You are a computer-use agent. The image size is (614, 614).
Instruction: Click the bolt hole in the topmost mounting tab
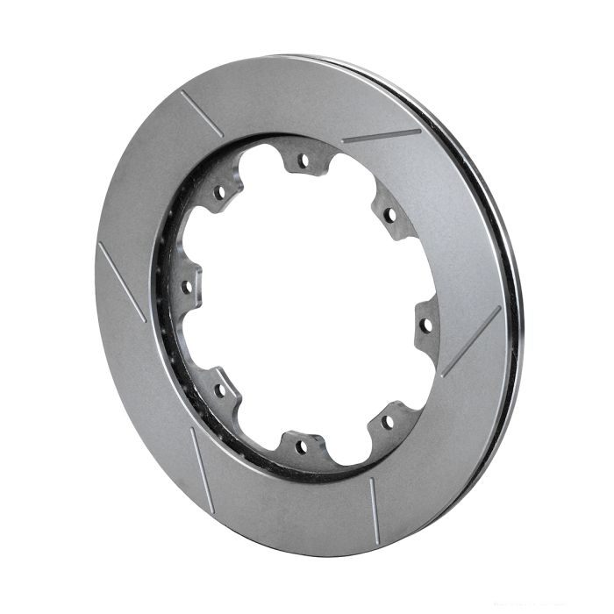tap(303, 161)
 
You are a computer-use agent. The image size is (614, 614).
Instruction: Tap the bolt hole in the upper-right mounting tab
tap(389, 214)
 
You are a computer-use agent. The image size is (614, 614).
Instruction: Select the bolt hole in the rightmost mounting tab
tap(426, 325)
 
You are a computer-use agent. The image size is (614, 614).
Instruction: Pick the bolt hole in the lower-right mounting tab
tap(387, 421)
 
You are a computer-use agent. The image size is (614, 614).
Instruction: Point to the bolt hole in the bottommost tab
tap(301, 446)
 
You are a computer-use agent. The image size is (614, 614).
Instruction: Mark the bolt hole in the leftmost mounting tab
tap(186, 286)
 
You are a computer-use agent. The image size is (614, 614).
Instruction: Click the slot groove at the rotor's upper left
tap(201, 113)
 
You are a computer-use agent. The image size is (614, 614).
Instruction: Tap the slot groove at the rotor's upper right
tap(381, 136)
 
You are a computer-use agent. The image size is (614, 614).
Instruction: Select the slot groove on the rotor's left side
tap(121, 282)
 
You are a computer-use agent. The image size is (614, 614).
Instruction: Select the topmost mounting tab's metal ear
tap(303, 151)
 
